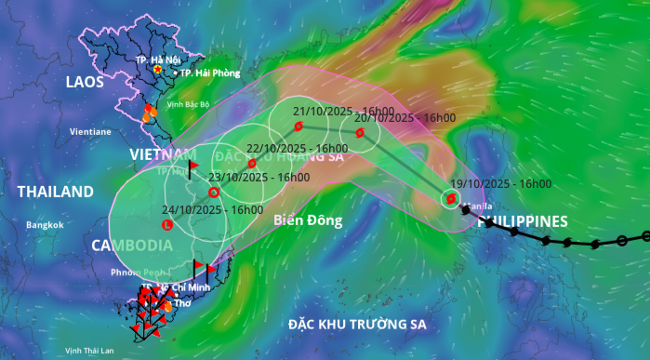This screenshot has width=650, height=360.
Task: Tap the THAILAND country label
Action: coord(56,192)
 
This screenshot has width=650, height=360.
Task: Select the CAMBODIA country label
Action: coord(131,246)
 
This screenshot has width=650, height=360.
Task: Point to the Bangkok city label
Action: coord(44,225)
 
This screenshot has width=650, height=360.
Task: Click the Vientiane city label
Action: coord(90,132)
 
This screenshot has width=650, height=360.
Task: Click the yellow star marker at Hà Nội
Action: coord(159,70)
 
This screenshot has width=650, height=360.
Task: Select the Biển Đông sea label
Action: coord(309,220)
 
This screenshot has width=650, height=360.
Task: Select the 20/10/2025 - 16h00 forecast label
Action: coord(405,118)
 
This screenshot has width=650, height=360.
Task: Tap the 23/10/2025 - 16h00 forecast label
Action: coord(258,177)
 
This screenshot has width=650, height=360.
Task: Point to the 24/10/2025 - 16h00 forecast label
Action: coord(212,210)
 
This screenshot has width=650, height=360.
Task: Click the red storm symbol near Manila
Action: coord(450,199)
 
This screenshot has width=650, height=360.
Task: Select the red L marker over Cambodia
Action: coord(167,225)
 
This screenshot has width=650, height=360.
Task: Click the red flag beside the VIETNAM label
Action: coord(192,167)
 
